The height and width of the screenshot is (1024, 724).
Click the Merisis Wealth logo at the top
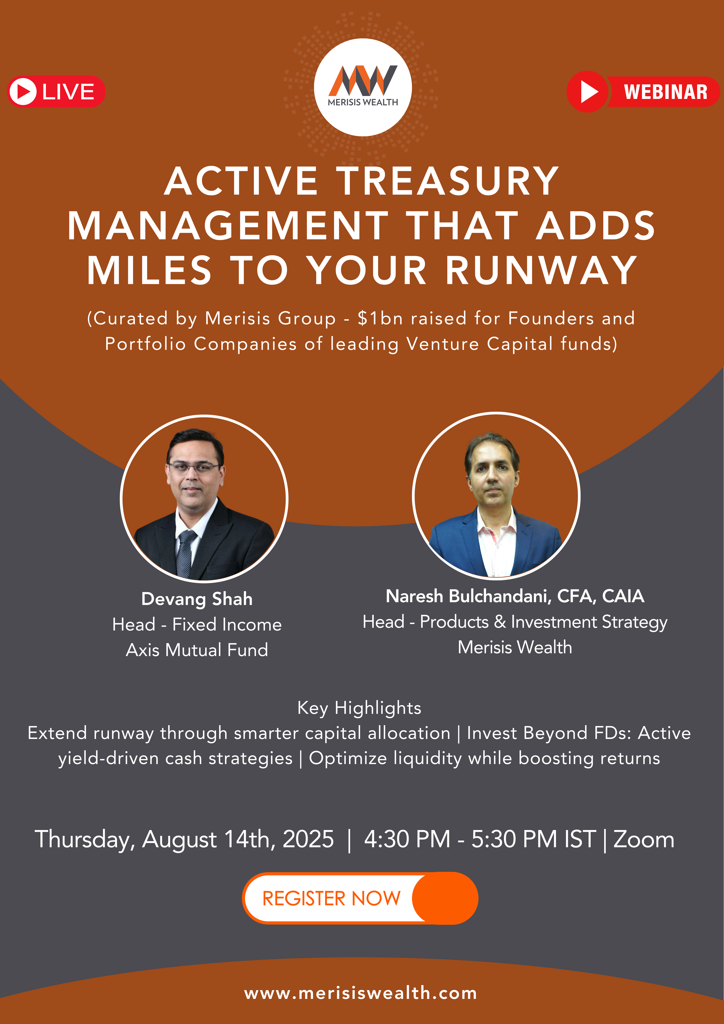363,87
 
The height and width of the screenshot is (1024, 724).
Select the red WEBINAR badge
643,91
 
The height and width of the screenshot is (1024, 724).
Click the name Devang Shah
197,599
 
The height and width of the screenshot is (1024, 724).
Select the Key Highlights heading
359,708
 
